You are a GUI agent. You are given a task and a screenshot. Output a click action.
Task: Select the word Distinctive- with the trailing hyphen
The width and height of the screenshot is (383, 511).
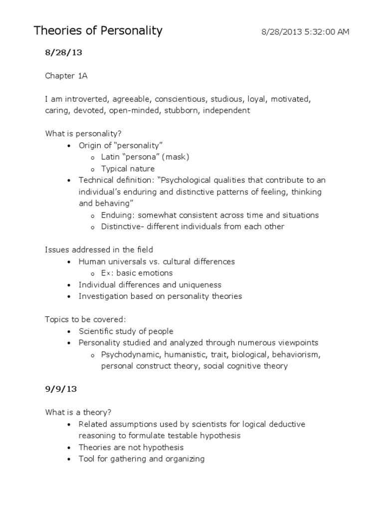click(123, 227)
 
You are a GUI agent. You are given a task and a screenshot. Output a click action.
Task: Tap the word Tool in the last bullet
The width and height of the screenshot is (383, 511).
click(86, 459)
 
